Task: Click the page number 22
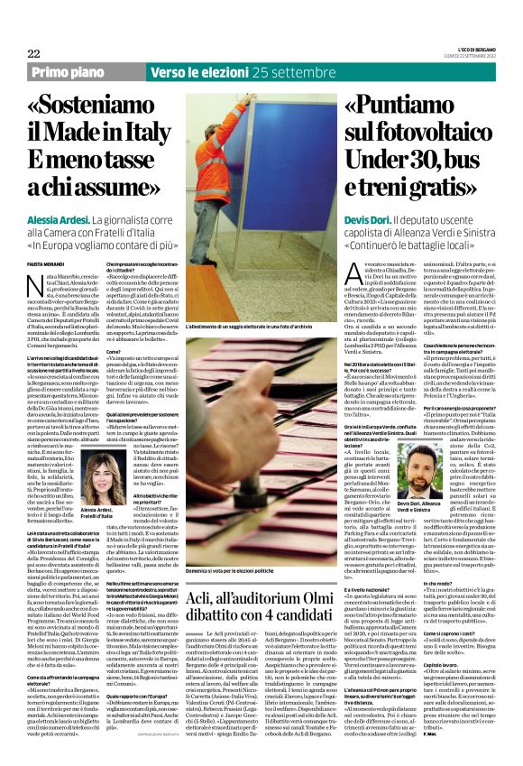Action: click(x=34, y=53)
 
